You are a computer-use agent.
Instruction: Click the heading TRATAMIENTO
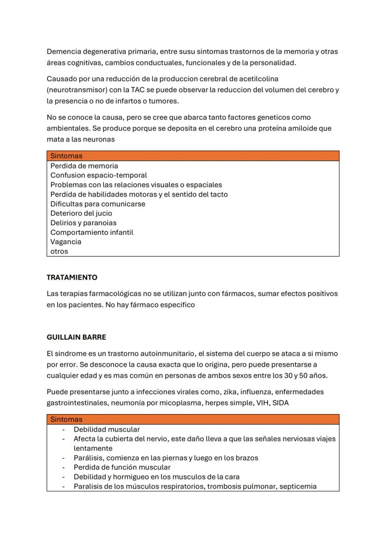[72, 277]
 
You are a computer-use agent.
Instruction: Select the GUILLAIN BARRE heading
[76, 337]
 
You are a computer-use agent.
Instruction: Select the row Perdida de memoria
[84, 166]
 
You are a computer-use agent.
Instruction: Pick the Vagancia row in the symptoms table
[66, 242]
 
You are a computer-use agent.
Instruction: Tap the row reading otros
[59, 251]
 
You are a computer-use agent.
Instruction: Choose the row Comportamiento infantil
[92, 232]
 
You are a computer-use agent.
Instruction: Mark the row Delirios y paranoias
[83, 223]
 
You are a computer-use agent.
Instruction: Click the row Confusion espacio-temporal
[98, 175]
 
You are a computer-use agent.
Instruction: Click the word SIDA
[281, 403]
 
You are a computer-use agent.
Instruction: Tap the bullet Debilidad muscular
[106, 429]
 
